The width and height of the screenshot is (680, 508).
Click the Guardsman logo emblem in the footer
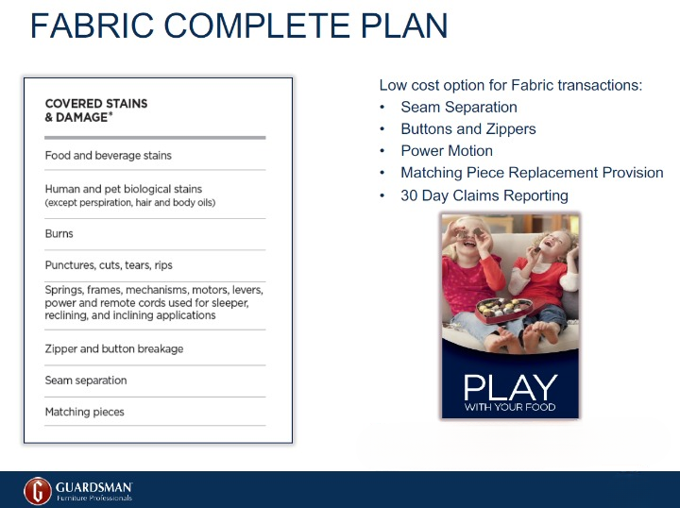tap(38, 490)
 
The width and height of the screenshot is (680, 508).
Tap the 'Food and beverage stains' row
tap(109, 155)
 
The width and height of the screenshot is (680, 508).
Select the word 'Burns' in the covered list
tap(59, 233)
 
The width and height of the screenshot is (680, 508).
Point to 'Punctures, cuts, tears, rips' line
tap(109, 265)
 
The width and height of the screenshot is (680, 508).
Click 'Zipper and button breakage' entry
tap(114, 348)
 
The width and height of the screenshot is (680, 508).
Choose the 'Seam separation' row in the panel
tap(86, 381)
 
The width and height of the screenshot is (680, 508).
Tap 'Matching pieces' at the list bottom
tap(85, 412)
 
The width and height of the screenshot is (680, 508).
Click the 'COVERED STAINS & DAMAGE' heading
tap(96, 110)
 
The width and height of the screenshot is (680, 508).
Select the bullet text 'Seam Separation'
tap(459, 108)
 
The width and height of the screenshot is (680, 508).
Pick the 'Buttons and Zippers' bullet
tap(467, 129)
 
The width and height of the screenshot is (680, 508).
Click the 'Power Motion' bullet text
tap(447, 151)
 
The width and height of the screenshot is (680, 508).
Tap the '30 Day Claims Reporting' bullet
tap(484, 195)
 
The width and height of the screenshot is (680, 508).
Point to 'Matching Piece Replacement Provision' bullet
tap(532, 173)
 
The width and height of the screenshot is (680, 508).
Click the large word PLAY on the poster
tap(509, 387)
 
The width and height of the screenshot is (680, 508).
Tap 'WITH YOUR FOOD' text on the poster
tap(509, 408)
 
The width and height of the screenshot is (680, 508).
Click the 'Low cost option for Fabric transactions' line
tap(510, 85)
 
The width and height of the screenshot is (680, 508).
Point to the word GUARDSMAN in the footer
tap(93, 486)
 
